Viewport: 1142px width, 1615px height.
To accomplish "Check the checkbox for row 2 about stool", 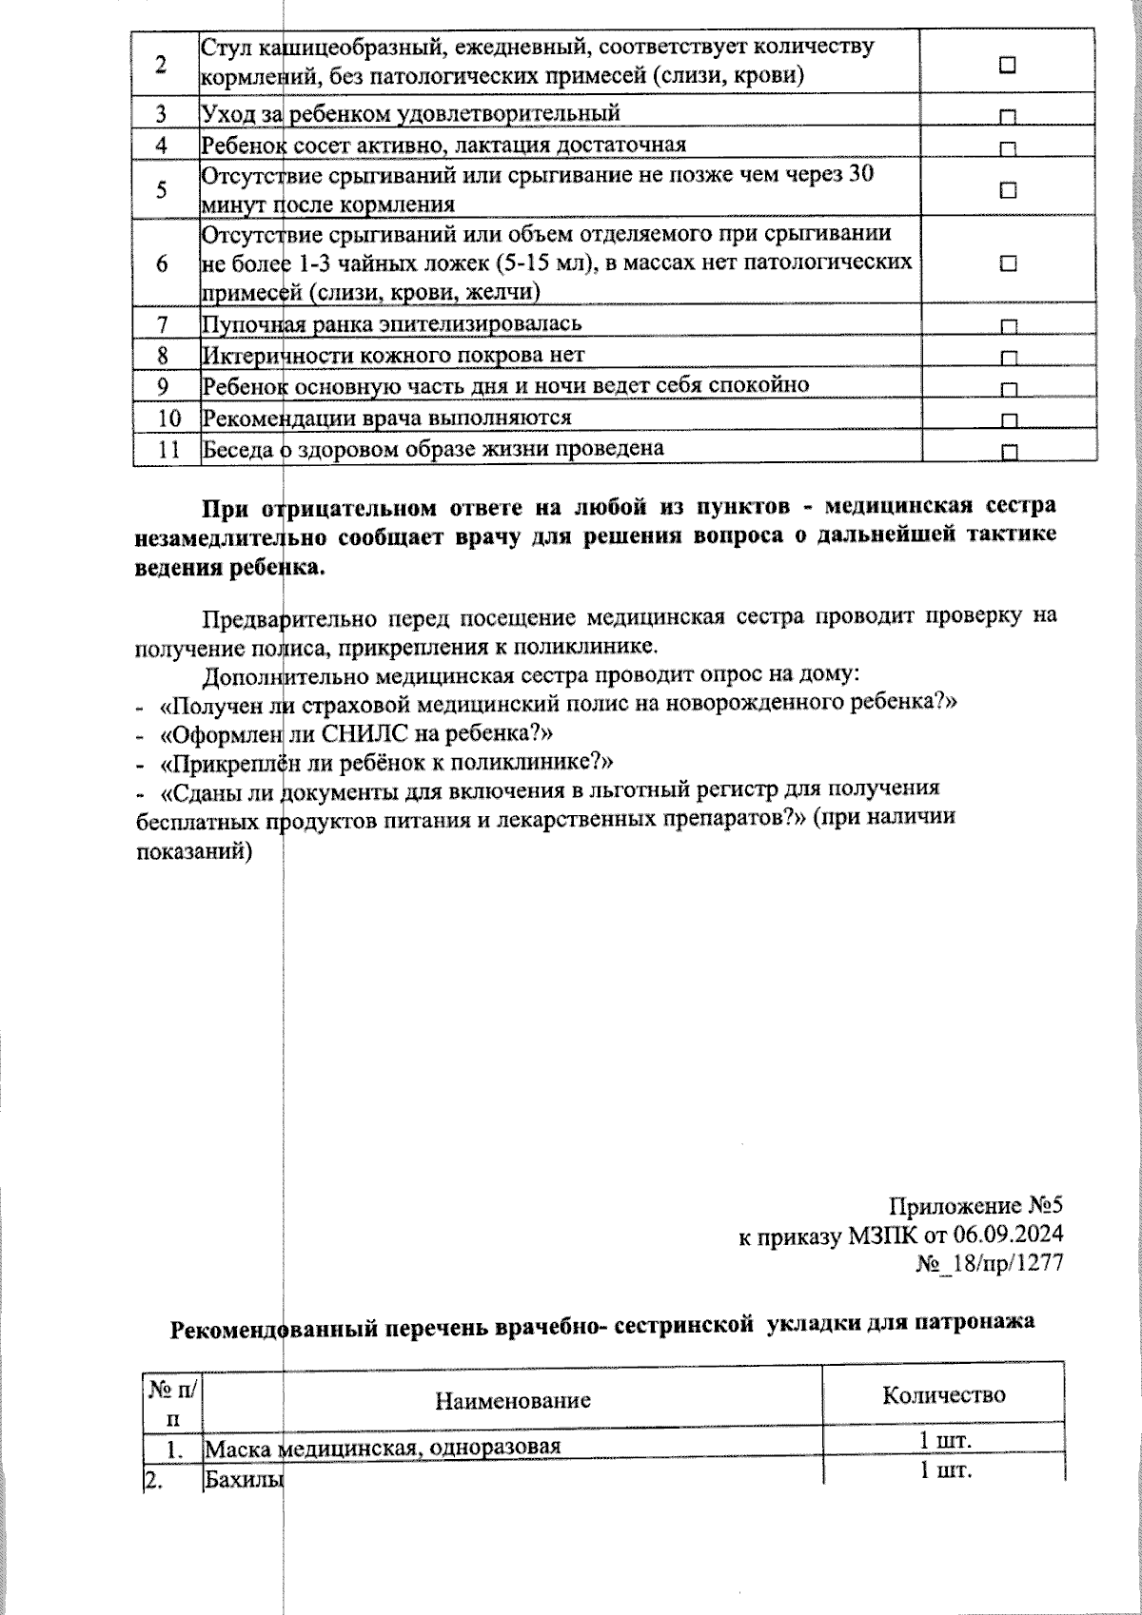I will click(1008, 65).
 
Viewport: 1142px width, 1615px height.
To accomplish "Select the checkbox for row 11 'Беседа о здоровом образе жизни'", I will click(1009, 452).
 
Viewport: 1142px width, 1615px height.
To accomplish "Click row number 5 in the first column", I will click(163, 189).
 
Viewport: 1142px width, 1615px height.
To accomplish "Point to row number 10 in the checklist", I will click(168, 418).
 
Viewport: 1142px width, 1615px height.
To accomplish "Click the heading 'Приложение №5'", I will click(975, 1206).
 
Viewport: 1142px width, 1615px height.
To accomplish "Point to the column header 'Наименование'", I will click(513, 1400).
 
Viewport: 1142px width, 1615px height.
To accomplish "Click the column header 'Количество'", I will click(943, 1395).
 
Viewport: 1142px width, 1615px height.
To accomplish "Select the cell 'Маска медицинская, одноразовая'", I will click(383, 1448).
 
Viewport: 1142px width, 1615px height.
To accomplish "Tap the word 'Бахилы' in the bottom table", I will click(245, 1480).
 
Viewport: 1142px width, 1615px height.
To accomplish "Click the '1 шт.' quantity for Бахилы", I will click(944, 1472).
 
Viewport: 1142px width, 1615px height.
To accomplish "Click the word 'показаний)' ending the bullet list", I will click(194, 851).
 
